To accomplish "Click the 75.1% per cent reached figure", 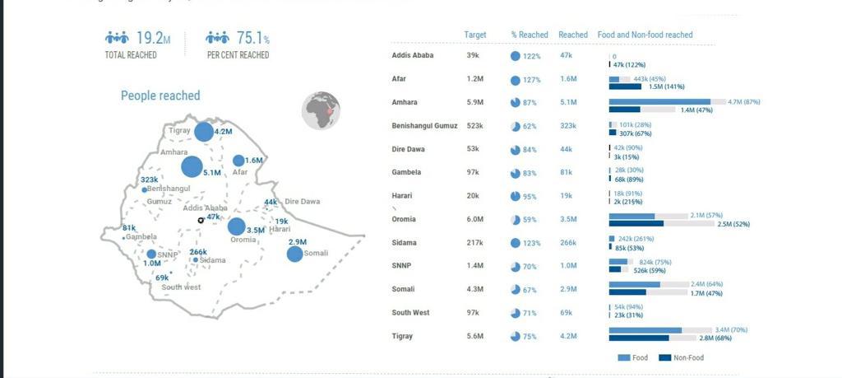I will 252,39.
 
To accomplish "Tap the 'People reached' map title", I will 160,96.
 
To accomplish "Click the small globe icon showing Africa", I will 321,111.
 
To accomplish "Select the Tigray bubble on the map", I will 203,132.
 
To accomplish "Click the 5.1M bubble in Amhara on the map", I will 192,167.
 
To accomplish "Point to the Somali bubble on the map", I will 294,254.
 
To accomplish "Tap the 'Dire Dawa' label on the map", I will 302,202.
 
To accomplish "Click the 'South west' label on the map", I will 181,287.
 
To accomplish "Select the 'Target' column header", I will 474,35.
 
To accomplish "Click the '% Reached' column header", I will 530,35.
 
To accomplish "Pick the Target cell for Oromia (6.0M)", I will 474,220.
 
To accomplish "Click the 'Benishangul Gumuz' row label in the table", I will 424,126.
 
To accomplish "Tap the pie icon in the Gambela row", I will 516,173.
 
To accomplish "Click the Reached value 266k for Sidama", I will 567,243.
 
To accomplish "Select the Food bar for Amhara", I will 659,101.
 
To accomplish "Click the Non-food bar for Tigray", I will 639,338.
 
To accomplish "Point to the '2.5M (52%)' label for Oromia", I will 733,224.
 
